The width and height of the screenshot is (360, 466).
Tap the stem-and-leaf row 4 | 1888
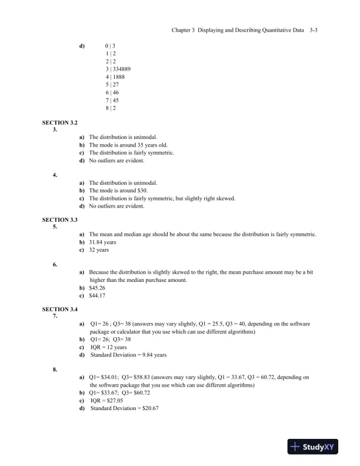[x=115, y=76]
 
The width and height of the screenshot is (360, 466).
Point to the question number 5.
[x=55, y=227]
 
